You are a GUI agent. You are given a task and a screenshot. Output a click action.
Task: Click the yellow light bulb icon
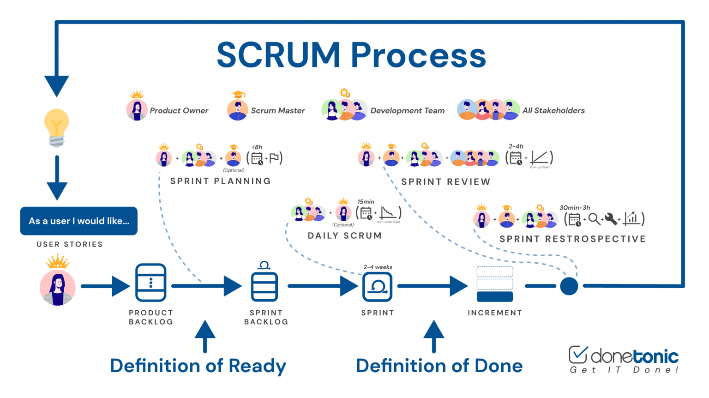pos(56,127)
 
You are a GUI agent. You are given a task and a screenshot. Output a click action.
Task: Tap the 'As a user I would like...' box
pos(79,221)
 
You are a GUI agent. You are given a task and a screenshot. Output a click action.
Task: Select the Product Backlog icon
pos(150,283)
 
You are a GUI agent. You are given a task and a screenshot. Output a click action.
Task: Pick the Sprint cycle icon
pos(378,287)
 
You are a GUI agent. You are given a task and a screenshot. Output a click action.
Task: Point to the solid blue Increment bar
pos(494,296)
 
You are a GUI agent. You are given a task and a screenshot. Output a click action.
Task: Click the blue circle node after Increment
pos(569,286)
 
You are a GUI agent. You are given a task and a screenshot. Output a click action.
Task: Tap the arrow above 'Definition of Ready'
pos(205,336)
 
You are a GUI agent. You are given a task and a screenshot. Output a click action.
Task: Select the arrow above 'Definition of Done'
pos(433,336)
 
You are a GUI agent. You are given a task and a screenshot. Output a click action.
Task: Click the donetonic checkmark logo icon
pos(578,355)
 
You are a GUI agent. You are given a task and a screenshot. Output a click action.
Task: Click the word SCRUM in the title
pos(278,55)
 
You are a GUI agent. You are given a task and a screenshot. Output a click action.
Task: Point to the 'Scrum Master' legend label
pos(277,111)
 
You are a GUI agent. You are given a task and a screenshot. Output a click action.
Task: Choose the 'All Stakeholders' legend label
pos(553,111)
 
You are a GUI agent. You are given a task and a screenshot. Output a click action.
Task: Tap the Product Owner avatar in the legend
pos(137,110)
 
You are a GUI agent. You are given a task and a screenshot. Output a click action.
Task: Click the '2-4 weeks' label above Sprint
pos(378,267)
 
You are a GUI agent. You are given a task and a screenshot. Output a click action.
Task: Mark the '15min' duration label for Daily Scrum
pos(366,202)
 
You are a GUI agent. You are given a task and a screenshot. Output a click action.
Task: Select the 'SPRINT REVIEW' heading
pos(445,182)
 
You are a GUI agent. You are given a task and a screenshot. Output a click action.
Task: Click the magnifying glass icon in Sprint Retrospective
pos(594,219)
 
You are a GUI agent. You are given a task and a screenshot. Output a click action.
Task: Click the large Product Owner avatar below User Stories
pos(58,287)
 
